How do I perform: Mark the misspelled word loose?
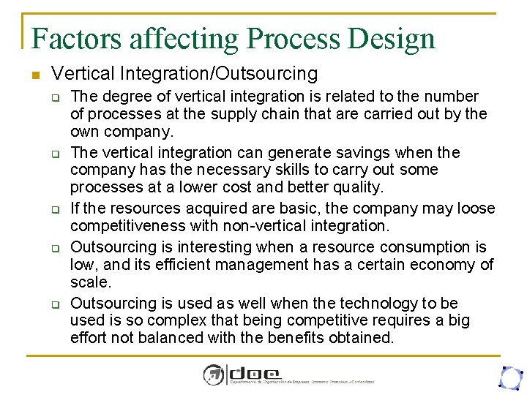pos(476,208)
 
